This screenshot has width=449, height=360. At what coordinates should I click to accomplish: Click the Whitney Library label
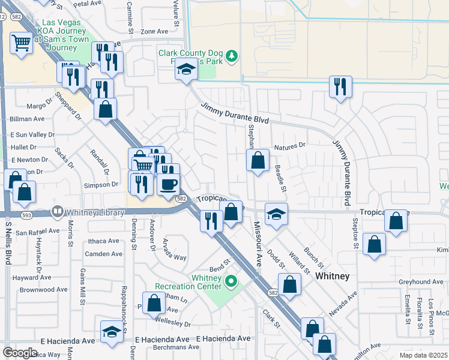coord(95,211)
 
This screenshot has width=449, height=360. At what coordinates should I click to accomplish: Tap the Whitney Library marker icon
coord(57,211)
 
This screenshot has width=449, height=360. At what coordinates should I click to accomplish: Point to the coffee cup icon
coord(168,184)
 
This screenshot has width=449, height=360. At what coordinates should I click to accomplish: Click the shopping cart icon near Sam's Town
coord(22,43)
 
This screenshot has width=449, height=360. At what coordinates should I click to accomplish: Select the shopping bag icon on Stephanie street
coord(258,160)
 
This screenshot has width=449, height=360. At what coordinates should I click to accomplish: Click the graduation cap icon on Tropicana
coord(276,214)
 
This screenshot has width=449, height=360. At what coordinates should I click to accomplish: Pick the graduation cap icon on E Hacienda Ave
coord(112,332)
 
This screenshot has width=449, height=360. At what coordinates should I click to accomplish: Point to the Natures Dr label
coord(289,146)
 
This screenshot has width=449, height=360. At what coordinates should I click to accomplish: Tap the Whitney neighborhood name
coord(333,275)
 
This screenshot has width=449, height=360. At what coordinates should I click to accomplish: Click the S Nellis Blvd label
coord(8,242)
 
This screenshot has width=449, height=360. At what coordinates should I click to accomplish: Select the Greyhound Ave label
coord(421,281)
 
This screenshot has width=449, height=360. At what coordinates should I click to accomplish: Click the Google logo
coord(20,352)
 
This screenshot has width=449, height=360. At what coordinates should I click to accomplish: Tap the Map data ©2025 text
coord(423,355)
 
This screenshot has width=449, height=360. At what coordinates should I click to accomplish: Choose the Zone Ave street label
coord(154,31)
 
